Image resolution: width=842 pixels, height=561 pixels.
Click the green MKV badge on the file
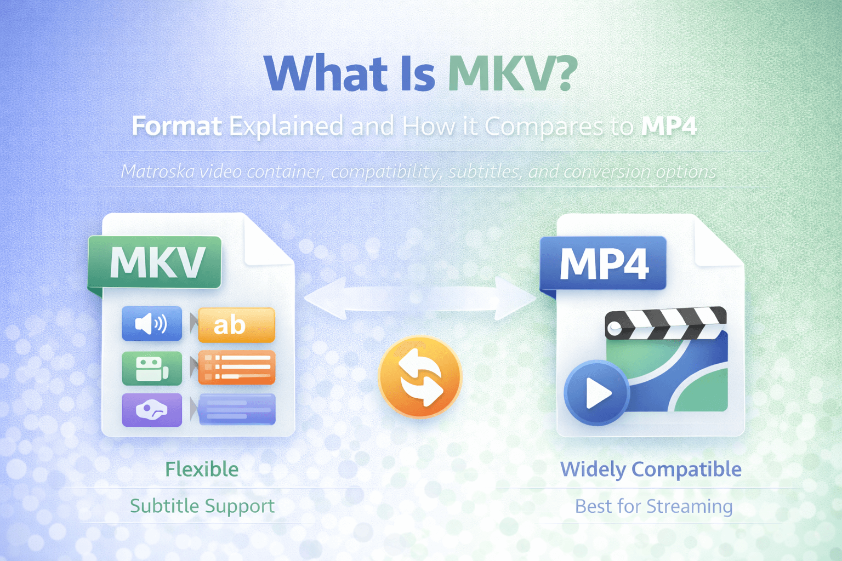click(x=155, y=262)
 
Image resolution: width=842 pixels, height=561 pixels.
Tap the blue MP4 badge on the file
click(x=603, y=263)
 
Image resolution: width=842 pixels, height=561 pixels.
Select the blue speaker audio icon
click(x=152, y=324)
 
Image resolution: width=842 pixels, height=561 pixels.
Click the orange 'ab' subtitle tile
click(x=236, y=325)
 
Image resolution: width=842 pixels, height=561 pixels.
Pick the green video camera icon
click(x=152, y=368)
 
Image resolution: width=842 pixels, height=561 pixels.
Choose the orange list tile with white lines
click(x=237, y=368)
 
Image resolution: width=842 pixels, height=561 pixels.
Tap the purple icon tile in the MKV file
click(x=152, y=410)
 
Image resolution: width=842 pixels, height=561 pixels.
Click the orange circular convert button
click(x=420, y=377)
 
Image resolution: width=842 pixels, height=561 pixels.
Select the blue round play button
click(x=596, y=393)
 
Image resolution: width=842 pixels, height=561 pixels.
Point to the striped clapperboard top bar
click(x=665, y=322)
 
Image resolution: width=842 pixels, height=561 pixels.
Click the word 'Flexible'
click(x=202, y=470)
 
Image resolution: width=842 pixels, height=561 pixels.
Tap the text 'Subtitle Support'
click(x=202, y=506)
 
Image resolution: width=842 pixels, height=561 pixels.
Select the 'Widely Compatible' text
click(x=651, y=470)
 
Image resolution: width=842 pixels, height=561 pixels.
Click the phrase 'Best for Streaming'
click(x=654, y=506)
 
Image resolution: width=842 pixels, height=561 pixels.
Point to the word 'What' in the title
click(x=326, y=73)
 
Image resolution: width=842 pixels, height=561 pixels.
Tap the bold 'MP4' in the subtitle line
click(x=669, y=126)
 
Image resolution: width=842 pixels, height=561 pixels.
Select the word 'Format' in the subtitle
click(x=177, y=126)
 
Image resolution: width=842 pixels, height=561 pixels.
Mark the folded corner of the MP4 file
click(x=717, y=241)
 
